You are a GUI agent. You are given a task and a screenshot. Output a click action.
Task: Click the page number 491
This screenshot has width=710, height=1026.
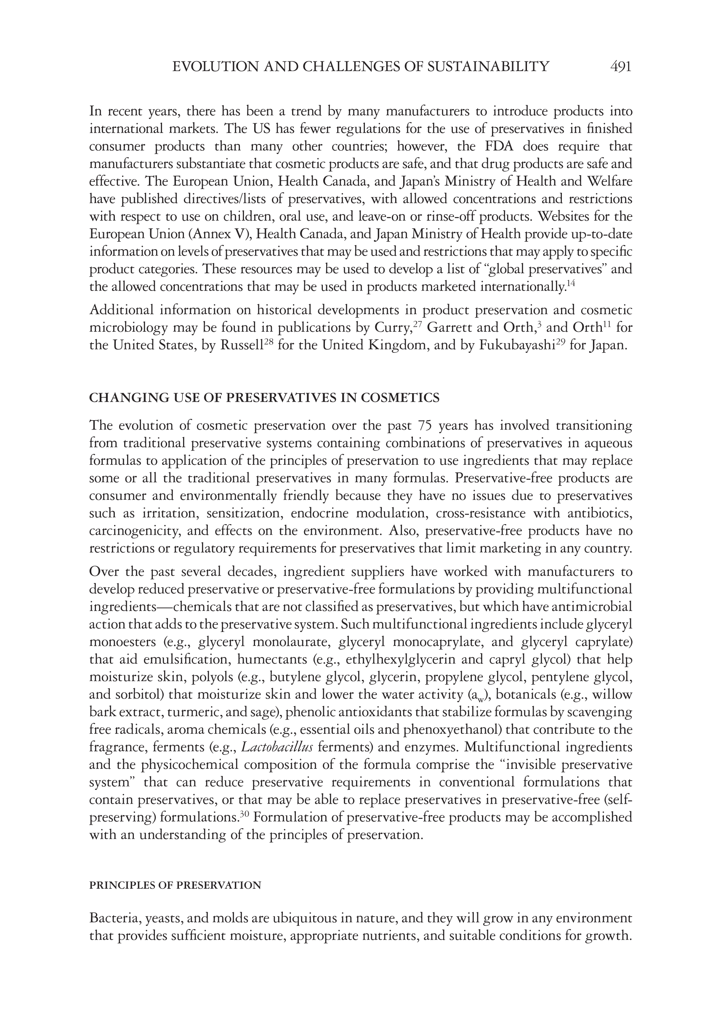point(621,67)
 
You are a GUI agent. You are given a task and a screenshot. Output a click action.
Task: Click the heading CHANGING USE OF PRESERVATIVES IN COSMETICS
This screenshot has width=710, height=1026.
point(264,398)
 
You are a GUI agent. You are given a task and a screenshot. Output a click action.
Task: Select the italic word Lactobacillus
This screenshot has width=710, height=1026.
point(277,747)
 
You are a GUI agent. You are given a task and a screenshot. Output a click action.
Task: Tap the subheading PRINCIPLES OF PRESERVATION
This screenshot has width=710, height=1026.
point(175,885)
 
